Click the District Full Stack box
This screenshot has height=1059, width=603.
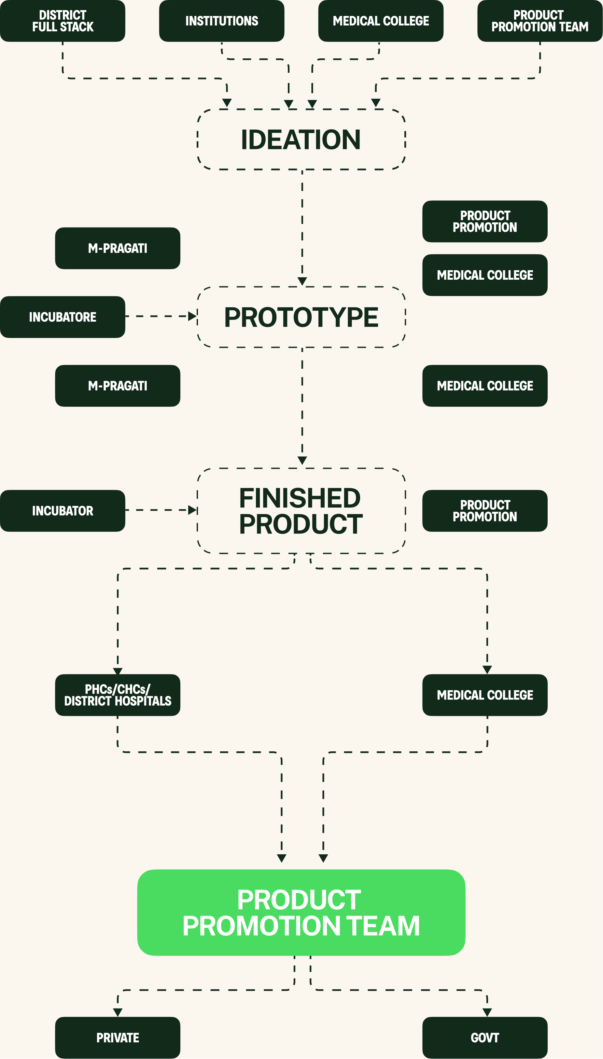63,21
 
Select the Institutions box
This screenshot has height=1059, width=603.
222,21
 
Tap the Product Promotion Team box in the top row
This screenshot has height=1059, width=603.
540,21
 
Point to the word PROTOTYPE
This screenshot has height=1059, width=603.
301,317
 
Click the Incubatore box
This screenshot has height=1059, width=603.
63,317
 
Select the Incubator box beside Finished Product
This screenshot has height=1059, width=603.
63,511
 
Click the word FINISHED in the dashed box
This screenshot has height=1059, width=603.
300,498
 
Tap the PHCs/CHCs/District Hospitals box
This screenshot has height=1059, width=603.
118,695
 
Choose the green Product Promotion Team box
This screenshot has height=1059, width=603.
301,913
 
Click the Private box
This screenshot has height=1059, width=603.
118,1037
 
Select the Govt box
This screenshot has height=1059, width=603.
485,1037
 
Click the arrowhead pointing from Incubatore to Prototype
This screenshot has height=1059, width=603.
192,316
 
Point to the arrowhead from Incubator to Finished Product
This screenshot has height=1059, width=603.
192,510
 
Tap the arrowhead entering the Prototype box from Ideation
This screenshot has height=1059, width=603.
302,281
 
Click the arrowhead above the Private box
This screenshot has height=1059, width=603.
118,1012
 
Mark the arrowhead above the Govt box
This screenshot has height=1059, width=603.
487,1012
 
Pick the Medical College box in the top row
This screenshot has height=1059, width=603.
381,21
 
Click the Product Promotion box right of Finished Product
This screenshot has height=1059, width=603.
485,511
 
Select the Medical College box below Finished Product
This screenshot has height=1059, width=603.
485,695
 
